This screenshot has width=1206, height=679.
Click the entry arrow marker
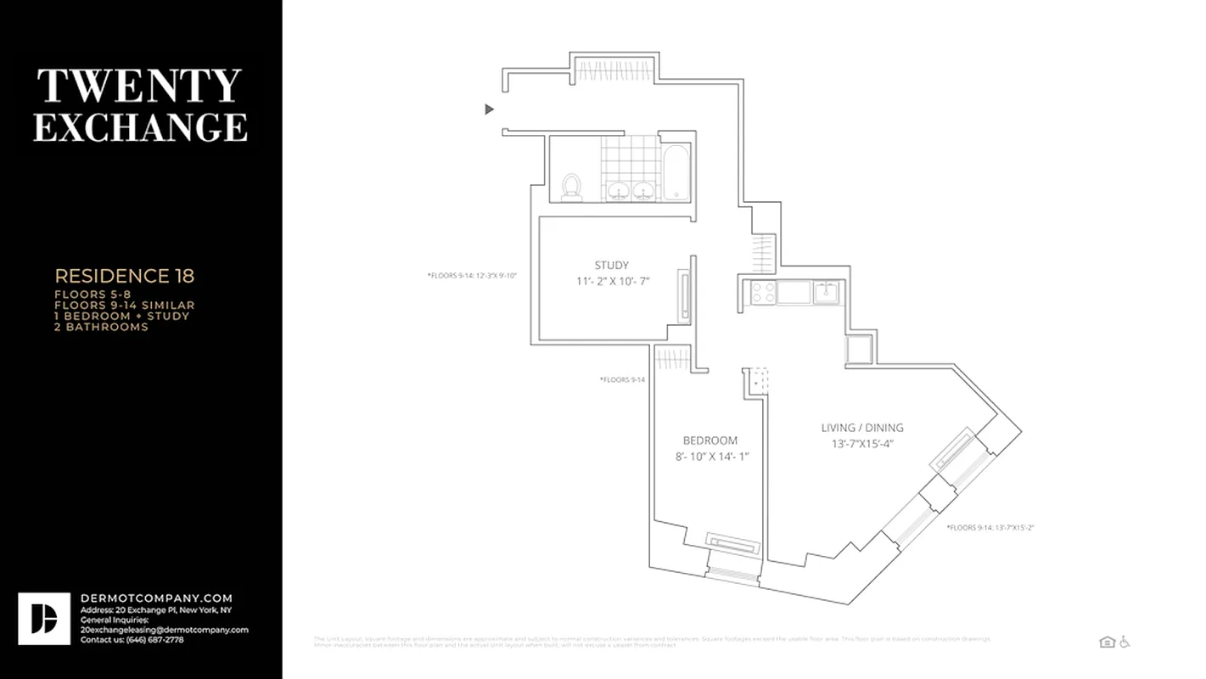[489, 109]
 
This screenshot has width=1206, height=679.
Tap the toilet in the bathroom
[572, 187]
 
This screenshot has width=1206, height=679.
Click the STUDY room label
[611, 266]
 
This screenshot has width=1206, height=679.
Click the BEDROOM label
[710, 441]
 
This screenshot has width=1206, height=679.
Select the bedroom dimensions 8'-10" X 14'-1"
[710, 457]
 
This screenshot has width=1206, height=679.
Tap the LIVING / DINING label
[862, 428]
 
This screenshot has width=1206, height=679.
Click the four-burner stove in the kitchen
[763, 293]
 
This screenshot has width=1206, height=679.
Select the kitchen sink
[826, 292]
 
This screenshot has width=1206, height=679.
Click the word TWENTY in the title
[139, 87]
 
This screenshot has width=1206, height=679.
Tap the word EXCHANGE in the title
[140, 127]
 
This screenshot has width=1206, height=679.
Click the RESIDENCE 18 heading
[125, 276]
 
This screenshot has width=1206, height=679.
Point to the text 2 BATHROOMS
[101, 327]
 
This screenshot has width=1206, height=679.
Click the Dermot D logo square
[44, 619]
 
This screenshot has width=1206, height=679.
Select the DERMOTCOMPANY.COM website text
[156, 598]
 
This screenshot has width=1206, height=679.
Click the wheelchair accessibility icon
[1125, 642]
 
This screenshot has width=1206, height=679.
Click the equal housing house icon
[1107, 642]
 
